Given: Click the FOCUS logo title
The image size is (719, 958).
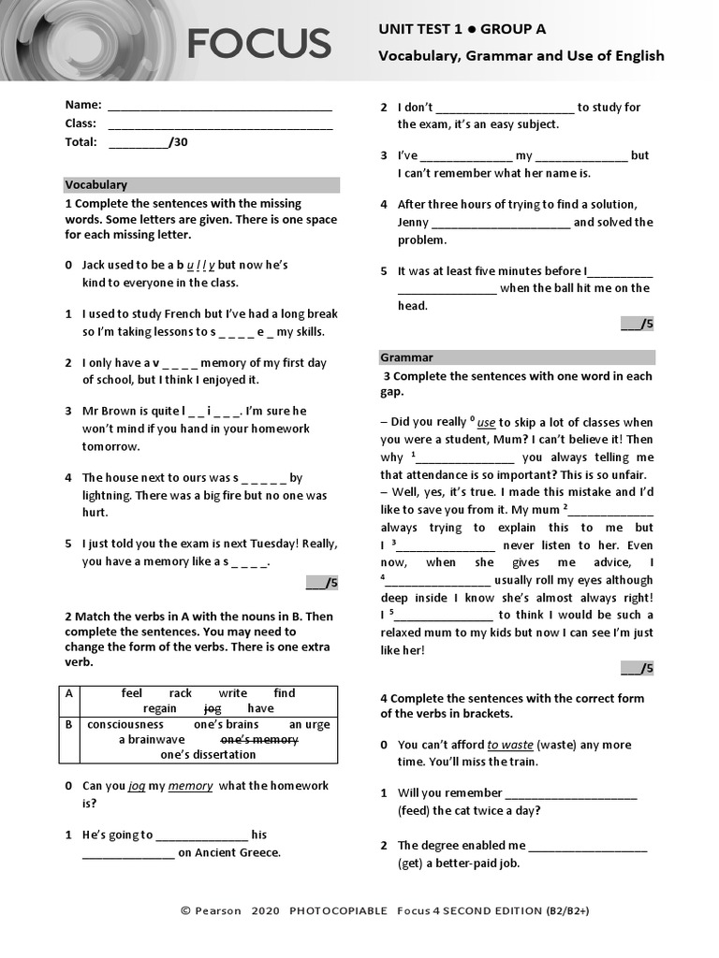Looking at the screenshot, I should coord(259,43).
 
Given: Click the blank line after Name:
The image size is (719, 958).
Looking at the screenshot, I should coord(220,106).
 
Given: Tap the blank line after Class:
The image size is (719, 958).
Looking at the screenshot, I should coord(220,124).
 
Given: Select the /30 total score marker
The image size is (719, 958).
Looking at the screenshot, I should coord(178,142).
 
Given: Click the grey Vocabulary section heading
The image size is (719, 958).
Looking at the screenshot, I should coord(96,185).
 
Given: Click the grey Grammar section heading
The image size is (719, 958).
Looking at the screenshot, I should coord(406,357).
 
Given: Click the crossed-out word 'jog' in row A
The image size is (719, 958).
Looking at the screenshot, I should coord(213,708).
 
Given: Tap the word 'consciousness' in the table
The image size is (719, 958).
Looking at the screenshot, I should coord(125,724).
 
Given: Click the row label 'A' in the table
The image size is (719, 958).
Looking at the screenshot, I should coord(68,693).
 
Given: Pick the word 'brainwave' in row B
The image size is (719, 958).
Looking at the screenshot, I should coord(152,739).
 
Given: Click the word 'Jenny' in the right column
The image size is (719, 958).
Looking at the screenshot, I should coord(413,223).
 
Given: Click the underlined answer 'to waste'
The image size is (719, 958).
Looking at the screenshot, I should coord(510,746).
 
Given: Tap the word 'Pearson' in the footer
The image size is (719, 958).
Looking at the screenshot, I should coord(218,910).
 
